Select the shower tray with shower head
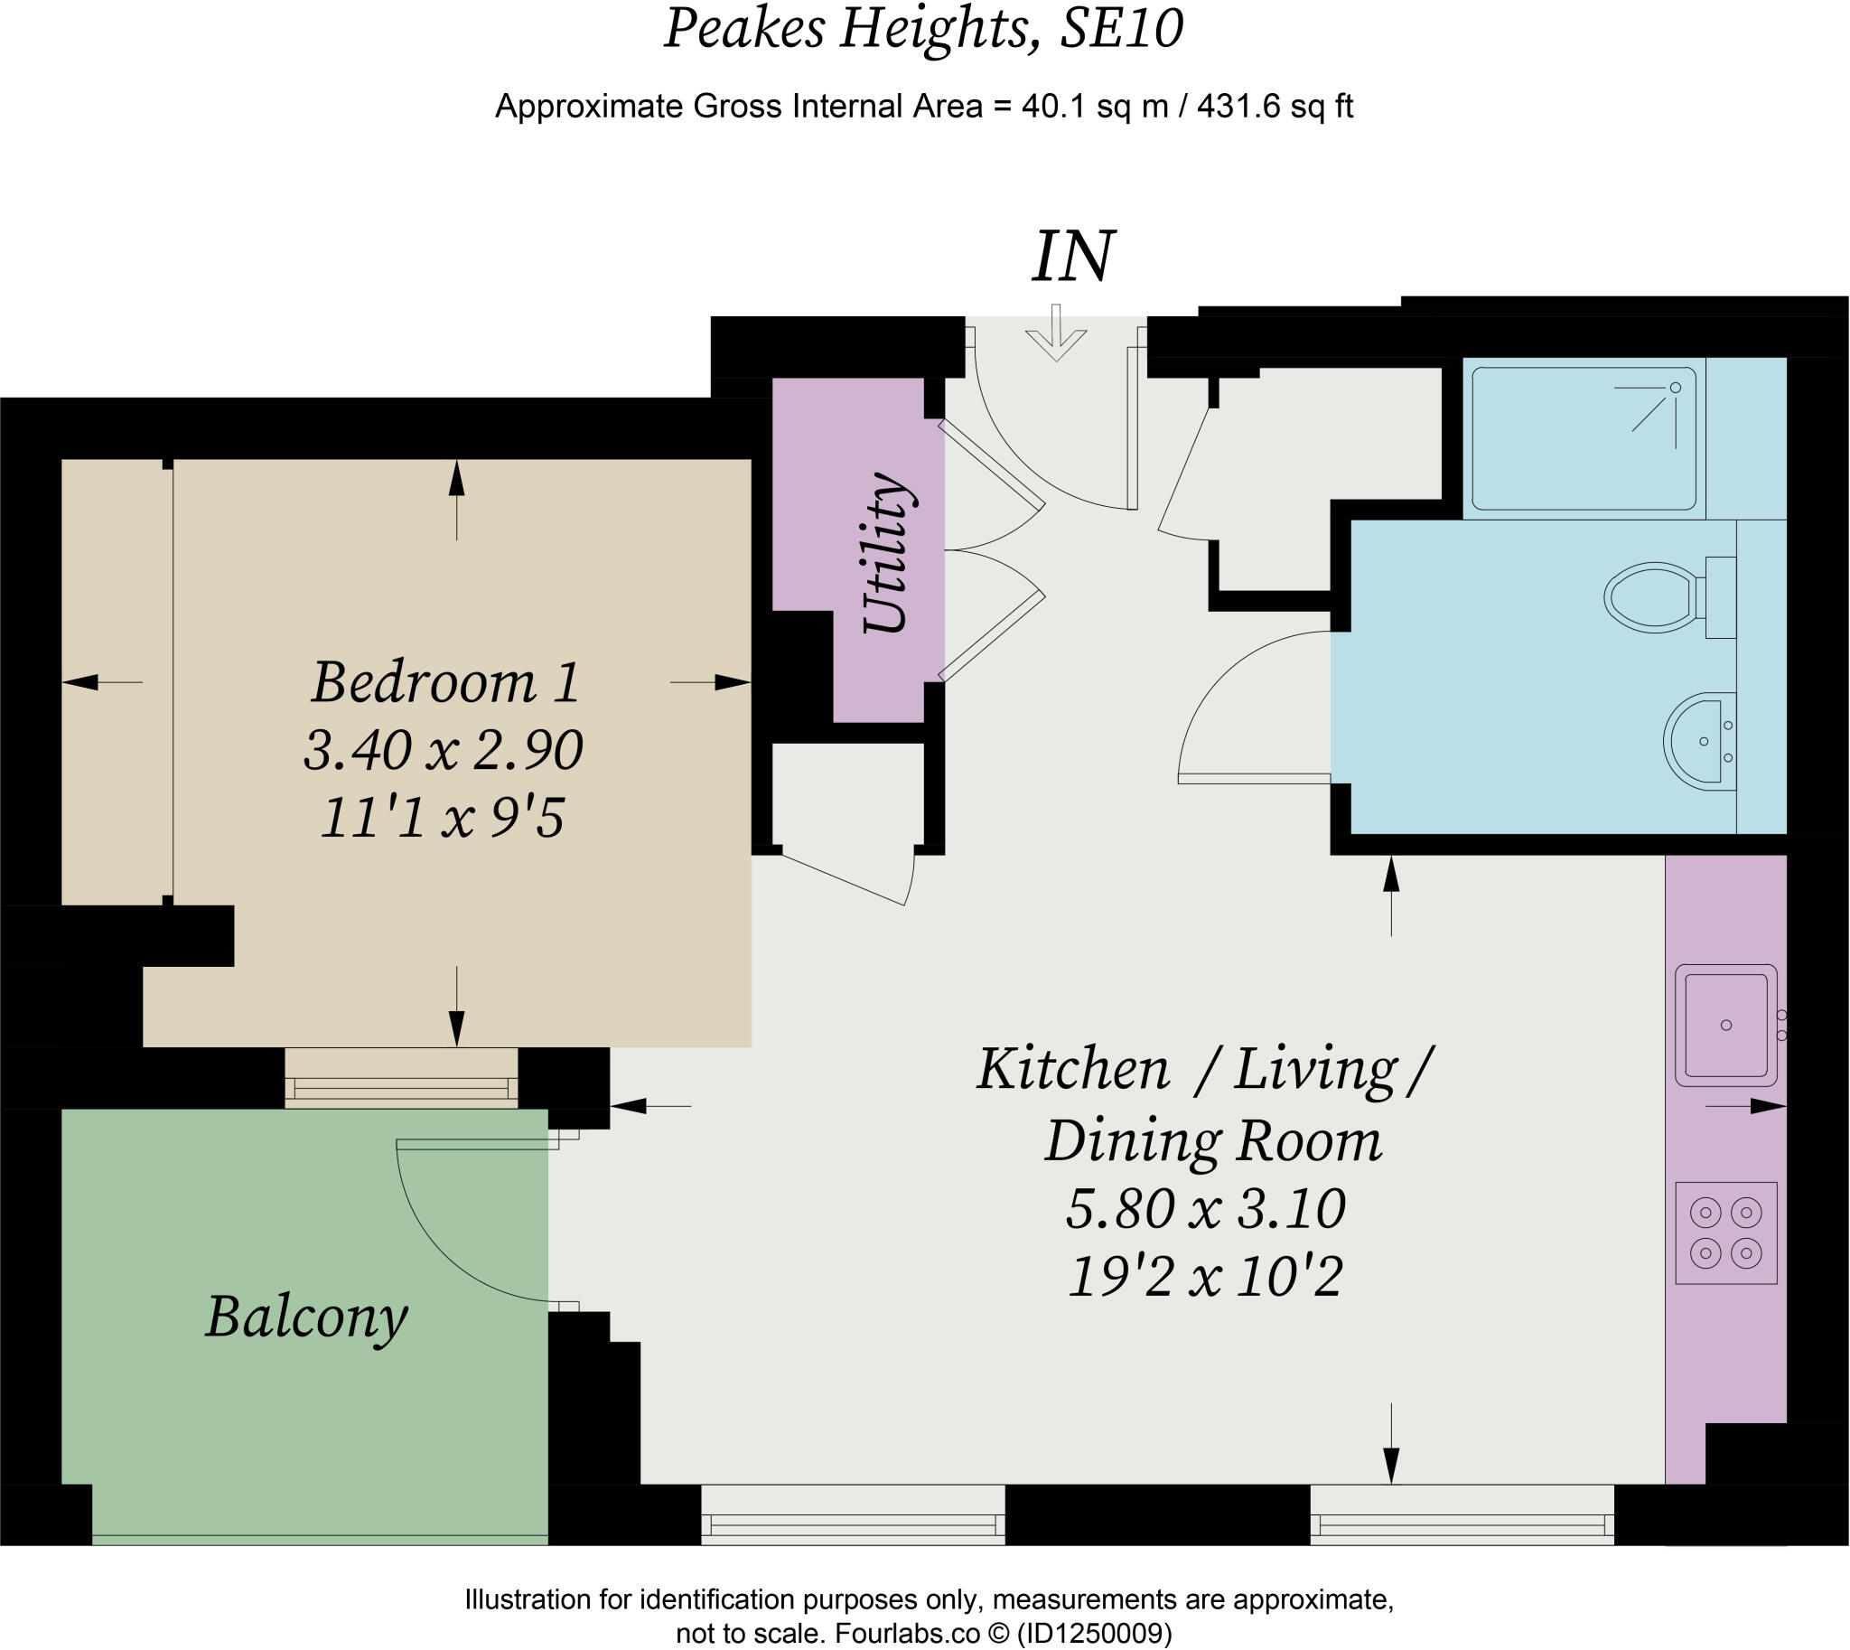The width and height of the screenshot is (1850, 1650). [x=1583, y=438]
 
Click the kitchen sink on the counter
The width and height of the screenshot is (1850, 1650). [x=1725, y=1025]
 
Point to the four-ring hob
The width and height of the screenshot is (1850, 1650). [x=1725, y=1233]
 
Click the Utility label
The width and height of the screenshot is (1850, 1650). [x=885, y=552]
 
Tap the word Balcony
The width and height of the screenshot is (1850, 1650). [x=306, y=1318]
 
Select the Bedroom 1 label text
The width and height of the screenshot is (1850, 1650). [x=445, y=681]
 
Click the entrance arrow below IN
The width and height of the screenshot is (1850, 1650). [x=1056, y=334]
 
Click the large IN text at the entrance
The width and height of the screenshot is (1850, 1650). [x=1072, y=257]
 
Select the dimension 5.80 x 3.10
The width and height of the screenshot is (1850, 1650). [x=1205, y=1209]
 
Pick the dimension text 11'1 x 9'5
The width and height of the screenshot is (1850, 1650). [x=443, y=818]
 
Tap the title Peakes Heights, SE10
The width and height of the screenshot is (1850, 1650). [x=923, y=29]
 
